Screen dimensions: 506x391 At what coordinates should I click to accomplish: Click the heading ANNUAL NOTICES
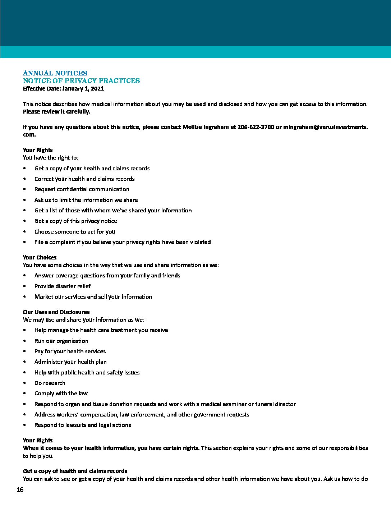[x=55, y=73]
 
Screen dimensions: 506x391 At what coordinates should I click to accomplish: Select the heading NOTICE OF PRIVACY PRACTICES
[x=81, y=81]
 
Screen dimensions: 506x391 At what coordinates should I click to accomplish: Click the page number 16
[x=20, y=490]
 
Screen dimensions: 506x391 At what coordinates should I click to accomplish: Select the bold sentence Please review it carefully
[x=56, y=111]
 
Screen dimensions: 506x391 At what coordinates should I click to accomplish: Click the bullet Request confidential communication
[x=82, y=189]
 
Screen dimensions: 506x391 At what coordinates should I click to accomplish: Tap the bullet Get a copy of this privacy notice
[x=75, y=221]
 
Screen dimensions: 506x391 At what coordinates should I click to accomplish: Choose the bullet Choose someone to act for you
[x=75, y=232]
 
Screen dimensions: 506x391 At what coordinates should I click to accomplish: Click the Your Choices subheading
[x=40, y=257]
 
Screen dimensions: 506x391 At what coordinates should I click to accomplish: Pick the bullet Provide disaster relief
[x=63, y=286]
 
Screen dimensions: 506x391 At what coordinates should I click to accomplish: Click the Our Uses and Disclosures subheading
[x=56, y=312]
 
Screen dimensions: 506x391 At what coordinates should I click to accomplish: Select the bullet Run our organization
[x=61, y=341]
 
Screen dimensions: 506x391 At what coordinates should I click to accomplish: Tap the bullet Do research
[x=50, y=383]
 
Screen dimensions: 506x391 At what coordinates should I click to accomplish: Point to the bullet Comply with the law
[x=61, y=394]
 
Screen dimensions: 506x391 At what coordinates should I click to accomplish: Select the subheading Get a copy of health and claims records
[x=75, y=471]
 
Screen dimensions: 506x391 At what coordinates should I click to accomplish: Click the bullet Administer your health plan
[x=70, y=362]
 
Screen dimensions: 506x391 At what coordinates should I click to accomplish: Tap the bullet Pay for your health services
[x=70, y=351]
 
